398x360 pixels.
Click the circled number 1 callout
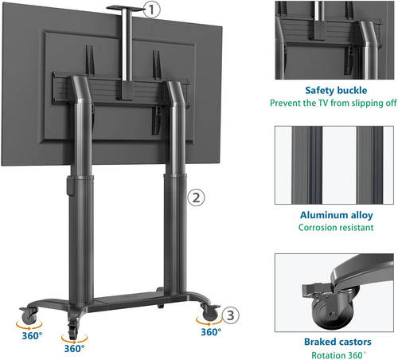152,10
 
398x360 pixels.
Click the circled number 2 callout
196,198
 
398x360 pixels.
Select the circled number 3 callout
231,315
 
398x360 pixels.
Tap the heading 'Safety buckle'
336,90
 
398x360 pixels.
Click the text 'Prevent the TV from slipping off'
334,103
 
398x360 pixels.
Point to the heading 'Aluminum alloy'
337,215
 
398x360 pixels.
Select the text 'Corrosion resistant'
336,228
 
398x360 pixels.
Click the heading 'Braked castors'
338,342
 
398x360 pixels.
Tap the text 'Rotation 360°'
338,355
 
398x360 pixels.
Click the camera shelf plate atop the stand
125,9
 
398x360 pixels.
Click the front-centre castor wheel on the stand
72,330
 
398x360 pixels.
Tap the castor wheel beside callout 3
210,312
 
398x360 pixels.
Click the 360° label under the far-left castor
32,336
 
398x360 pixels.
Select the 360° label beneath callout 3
211,332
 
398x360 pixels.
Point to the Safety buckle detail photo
334,40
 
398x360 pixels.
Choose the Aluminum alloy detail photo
334,165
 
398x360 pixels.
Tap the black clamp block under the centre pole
126,90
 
